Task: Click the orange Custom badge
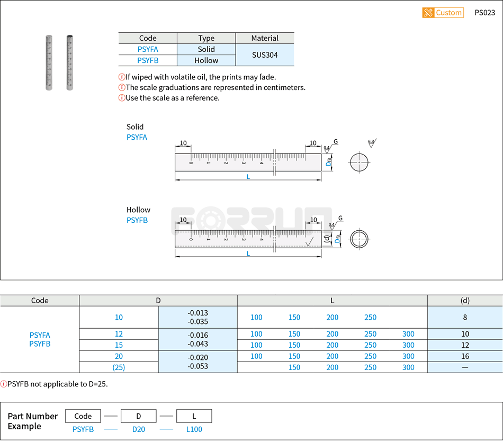(443, 13)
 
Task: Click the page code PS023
(484, 13)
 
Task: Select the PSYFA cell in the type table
(148, 49)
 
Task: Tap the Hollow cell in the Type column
(206, 60)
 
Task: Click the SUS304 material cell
(265, 55)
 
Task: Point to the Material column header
(265, 38)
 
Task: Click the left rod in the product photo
(49, 62)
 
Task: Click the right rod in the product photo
(69, 62)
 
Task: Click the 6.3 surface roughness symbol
(371, 142)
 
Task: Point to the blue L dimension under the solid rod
(248, 177)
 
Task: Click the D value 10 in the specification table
(119, 318)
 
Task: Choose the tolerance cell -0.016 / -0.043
(197, 339)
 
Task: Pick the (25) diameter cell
(119, 367)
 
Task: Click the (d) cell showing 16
(464, 356)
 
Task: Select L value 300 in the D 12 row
(408, 334)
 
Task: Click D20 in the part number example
(138, 429)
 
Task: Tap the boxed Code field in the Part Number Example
(83, 416)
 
